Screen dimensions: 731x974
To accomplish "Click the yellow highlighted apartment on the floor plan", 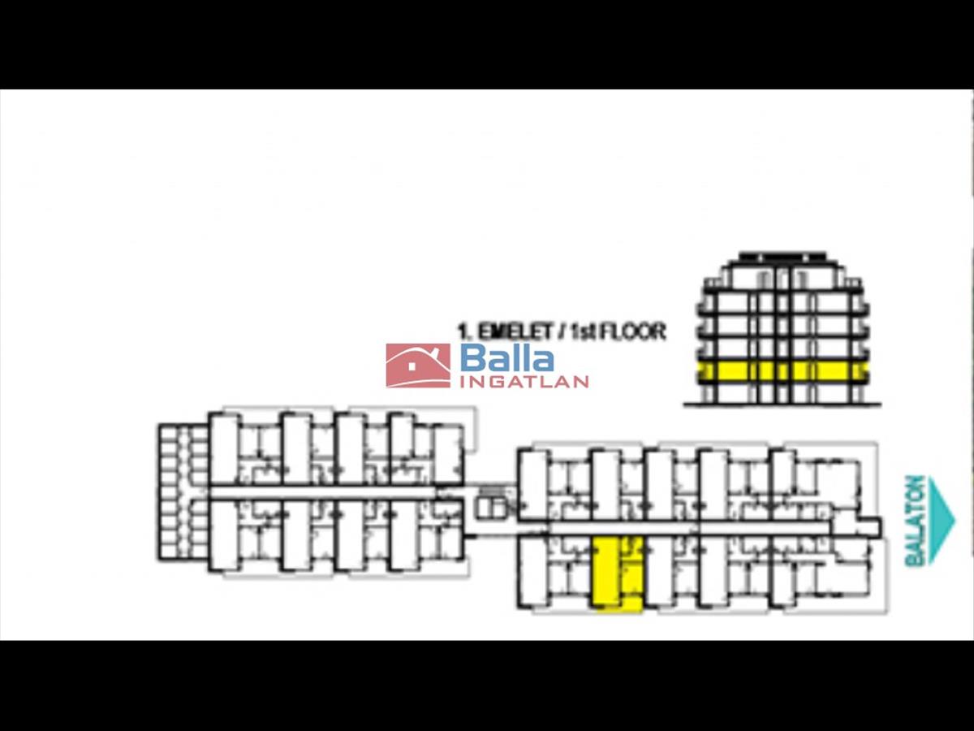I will [x=617, y=573].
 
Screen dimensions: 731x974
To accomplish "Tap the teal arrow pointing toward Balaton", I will [x=942, y=520].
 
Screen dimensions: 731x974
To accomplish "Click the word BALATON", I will [x=915, y=520].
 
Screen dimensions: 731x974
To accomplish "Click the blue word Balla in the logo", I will [x=507, y=358].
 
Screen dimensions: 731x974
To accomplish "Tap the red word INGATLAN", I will [x=524, y=382].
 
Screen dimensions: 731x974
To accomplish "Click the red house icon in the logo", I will [x=418, y=365].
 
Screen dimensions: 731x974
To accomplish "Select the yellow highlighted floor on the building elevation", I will [x=783, y=371].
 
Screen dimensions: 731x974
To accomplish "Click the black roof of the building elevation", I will [x=783, y=257].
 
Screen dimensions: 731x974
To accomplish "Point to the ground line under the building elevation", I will [x=783, y=404].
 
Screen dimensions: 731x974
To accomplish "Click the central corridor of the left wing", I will [x=325, y=492].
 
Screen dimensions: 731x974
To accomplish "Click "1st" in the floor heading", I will [x=582, y=331].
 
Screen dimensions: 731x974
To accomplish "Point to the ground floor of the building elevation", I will [x=783, y=393].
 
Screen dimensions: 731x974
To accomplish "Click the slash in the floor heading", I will [x=561, y=331].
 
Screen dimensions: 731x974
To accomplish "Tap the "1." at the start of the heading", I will [x=465, y=331].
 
